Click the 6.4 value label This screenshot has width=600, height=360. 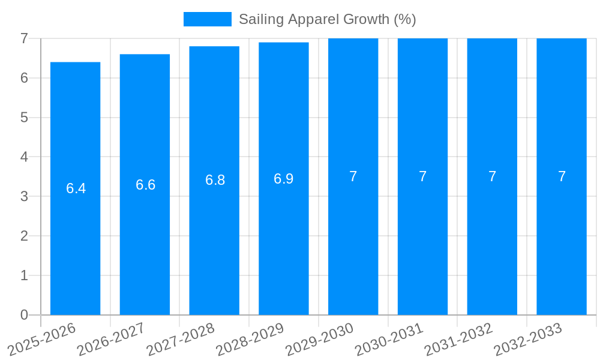[76, 188]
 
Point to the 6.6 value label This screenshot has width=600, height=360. [145, 185]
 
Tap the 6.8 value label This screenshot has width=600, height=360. [215, 180]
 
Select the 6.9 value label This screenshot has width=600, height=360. [283, 179]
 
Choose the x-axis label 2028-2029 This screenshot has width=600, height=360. [250, 339]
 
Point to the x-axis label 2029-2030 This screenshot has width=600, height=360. [319, 339]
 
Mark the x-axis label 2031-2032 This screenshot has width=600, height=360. [458, 339]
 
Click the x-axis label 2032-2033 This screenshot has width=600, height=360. [528, 339]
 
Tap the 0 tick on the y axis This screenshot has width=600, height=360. [24, 315]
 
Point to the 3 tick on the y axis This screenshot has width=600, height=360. [24, 197]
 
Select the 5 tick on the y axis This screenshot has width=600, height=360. [24, 118]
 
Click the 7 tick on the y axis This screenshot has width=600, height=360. [24, 38]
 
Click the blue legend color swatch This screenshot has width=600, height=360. [207, 19]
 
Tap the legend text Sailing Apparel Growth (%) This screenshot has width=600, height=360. [327, 19]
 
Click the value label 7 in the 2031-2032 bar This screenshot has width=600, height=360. [492, 176]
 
